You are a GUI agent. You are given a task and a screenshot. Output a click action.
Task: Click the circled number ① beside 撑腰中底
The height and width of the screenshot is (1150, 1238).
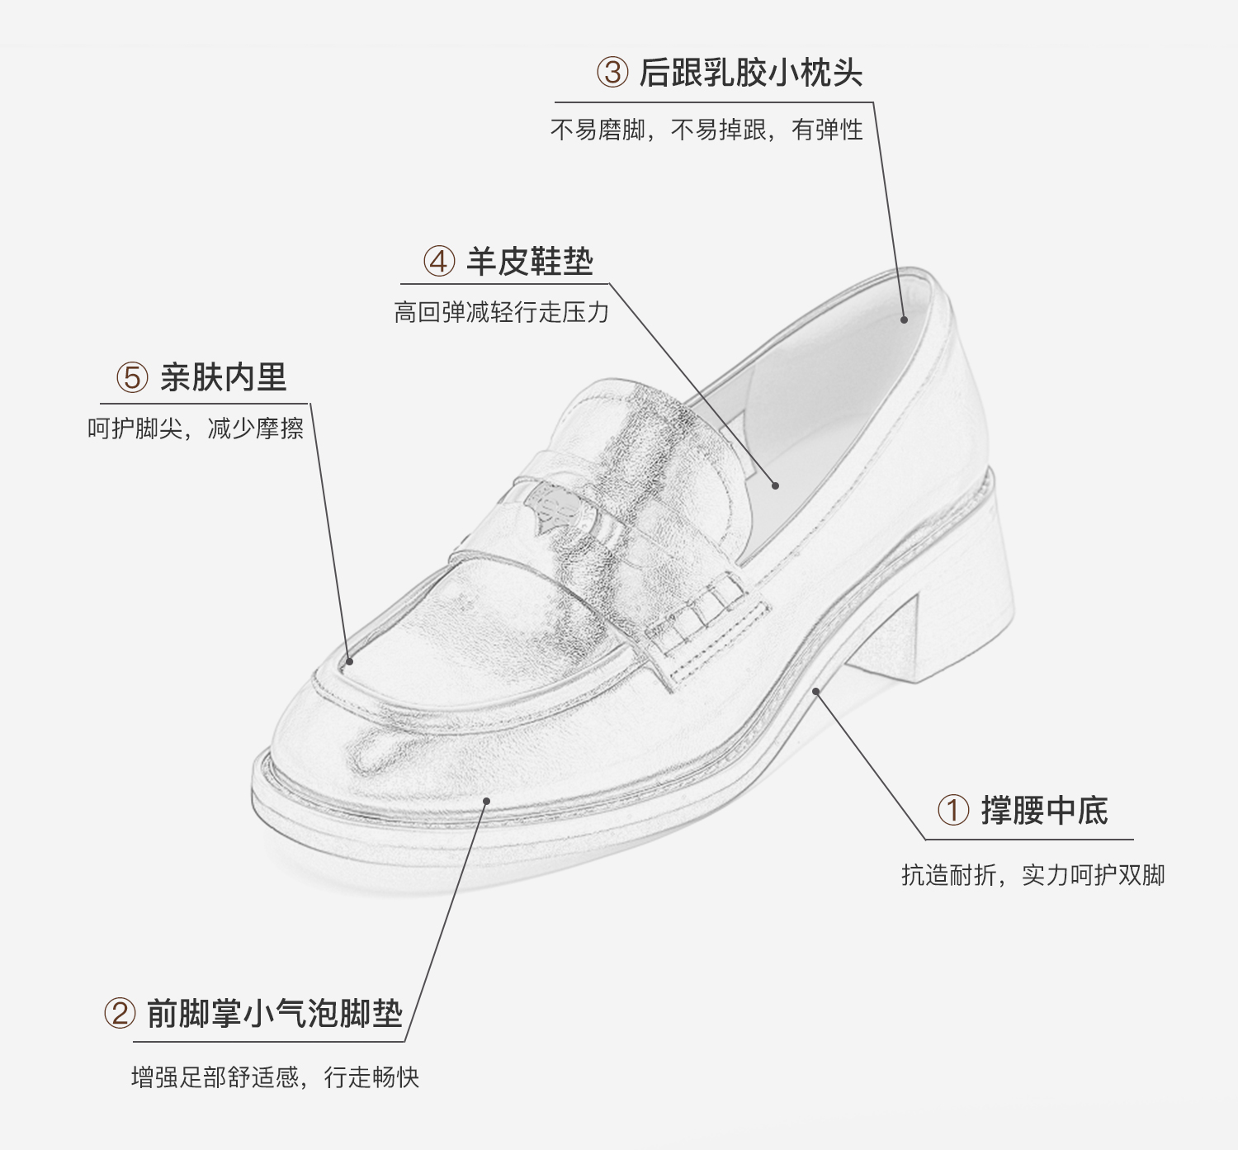point(953,810)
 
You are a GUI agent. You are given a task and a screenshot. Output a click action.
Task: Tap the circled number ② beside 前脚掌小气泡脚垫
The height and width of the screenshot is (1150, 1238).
point(119,1013)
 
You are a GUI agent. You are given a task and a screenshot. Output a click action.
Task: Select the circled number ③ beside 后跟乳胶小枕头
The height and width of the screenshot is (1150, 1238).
point(612,72)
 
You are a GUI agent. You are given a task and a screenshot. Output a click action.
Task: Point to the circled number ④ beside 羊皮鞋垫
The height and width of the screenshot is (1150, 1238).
point(439,262)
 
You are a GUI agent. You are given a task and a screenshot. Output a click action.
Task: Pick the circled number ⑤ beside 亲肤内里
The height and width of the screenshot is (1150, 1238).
point(132,378)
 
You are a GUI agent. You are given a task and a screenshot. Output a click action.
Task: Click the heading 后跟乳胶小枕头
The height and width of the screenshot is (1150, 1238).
point(750,73)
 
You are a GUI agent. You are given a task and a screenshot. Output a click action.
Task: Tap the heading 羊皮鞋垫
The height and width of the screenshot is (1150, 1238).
point(530,262)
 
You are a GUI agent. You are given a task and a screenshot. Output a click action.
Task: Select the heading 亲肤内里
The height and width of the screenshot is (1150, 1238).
point(223,378)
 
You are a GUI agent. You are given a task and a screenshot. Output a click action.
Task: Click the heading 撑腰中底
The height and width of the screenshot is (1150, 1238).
point(1044,811)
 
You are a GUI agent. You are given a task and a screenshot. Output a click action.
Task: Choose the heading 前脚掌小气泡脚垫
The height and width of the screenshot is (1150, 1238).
point(274,1014)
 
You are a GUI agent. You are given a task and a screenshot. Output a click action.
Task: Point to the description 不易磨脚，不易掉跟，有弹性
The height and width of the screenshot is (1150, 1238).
point(706,130)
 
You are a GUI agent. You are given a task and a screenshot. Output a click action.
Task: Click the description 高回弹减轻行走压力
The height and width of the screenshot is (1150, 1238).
point(501,312)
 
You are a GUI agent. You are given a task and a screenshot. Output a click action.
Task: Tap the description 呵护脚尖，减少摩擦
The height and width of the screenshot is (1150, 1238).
point(196,428)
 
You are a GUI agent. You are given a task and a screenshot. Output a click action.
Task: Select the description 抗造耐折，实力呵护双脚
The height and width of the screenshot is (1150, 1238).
point(1032,875)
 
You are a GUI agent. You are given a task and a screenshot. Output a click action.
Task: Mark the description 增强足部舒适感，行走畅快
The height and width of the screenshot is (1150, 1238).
point(275,1077)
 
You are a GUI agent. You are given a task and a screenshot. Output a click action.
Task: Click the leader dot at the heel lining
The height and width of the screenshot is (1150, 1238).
point(904,319)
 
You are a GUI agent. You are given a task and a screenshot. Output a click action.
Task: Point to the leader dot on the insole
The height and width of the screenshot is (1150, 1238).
point(775,485)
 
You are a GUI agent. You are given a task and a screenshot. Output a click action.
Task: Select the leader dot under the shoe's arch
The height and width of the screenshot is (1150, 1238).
point(816,690)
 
